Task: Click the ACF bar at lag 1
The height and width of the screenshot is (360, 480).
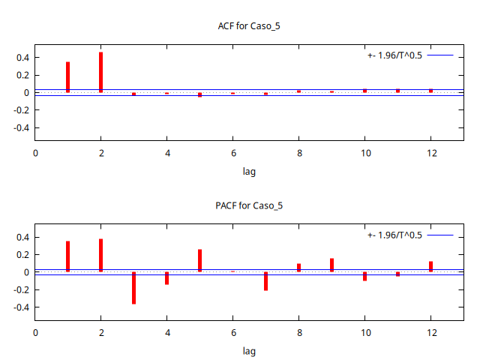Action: [x=67, y=77]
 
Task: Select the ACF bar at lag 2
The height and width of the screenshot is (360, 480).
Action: [x=100, y=72]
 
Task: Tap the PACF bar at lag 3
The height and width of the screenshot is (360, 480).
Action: [x=133, y=288]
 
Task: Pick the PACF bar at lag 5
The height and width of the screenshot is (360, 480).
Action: [x=199, y=260]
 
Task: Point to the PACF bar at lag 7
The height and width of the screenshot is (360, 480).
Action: [x=265, y=281]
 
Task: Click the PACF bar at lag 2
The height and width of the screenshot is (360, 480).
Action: [x=100, y=255]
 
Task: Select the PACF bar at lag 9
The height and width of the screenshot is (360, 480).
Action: [x=331, y=265]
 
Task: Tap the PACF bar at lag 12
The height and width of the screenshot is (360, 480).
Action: [x=430, y=266]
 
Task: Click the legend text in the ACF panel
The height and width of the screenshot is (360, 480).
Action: [x=394, y=55]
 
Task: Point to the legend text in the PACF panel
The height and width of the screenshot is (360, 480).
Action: [x=394, y=235]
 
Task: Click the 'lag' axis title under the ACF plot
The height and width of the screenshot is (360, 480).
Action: [x=249, y=171]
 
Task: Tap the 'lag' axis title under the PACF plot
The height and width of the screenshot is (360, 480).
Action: [x=249, y=350]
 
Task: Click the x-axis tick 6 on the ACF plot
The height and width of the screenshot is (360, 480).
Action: [x=232, y=153]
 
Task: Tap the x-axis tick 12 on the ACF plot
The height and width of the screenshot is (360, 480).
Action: [x=430, y=153]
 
